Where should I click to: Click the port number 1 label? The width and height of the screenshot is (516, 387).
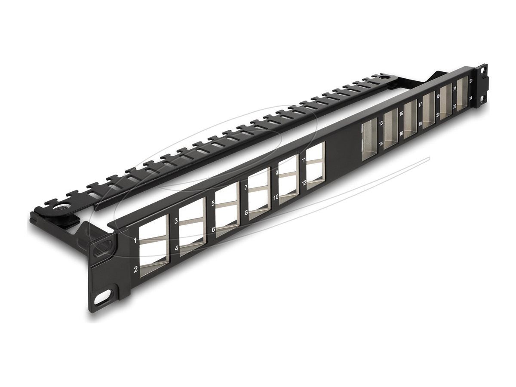135,241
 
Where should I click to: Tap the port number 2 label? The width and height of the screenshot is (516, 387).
136,270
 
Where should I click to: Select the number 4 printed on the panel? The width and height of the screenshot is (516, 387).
176,249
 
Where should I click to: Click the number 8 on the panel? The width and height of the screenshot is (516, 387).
246,212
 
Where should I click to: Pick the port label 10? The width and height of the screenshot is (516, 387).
276,197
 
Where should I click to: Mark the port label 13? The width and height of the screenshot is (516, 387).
381,123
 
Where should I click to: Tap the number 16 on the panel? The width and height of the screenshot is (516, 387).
401,134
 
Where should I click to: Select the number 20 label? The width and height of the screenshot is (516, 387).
438,115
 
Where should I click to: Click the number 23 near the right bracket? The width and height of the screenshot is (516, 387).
471,80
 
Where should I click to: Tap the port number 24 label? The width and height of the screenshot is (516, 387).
471,98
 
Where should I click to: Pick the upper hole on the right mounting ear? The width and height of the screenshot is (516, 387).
484,69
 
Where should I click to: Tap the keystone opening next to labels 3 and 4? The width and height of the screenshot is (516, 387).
192,228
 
